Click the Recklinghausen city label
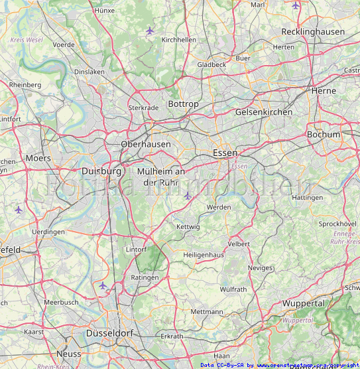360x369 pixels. [313, 32]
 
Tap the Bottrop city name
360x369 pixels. [183, 104]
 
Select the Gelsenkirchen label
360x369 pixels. [263, 112]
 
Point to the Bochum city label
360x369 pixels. [324, 134]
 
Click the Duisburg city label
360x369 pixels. [101, 171]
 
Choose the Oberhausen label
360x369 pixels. [146, 144]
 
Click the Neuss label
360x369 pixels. [68, 354]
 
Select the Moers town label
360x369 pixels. [38, 158]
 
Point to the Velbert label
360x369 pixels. [239, 244]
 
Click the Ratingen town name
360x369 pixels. [145, 277]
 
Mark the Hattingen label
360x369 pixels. [308, 198]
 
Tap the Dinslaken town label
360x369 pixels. [90, 72]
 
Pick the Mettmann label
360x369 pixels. [207, 311]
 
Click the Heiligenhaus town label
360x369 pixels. [205, 255]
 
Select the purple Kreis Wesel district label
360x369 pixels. [27, 40]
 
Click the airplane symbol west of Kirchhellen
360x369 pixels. [150, 30]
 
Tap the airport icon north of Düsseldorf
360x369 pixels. [103, 285]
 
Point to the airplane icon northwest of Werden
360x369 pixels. [188, 195]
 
